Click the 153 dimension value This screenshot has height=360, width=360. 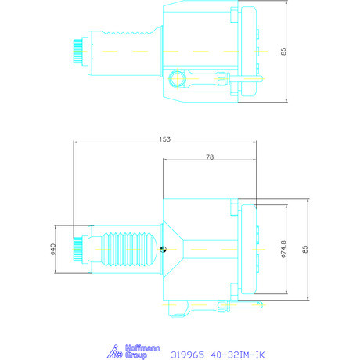point(165,139)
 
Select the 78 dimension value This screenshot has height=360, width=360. point(210,157)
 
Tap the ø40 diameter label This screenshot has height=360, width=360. point(53,249)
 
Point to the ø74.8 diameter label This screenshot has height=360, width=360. point(283,250)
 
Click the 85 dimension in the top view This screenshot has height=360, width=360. point(283,51)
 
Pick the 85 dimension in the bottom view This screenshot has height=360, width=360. point(305,249)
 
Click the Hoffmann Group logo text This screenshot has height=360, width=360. point(142,351)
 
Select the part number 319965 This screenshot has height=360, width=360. point(188,355)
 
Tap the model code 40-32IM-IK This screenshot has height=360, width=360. point(238,355)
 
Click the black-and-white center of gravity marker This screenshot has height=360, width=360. point(163,249)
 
